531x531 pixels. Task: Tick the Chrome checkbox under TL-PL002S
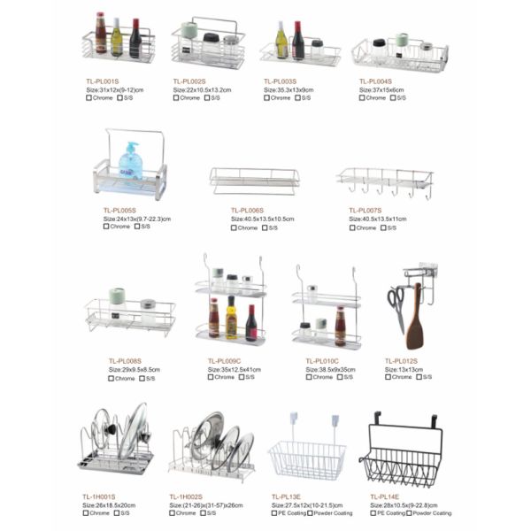pos(176,98)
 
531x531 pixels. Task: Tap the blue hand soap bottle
pos(131,162)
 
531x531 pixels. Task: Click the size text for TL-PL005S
pos(137,219)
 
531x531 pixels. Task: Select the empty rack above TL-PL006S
pos(254,181)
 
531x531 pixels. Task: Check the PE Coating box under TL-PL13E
pos(274,513)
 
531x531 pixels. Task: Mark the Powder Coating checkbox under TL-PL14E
pos(409,513)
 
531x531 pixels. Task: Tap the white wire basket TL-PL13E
pos(306,458)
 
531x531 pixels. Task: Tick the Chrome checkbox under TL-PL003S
pos(266,98)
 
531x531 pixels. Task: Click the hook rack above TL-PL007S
pos(384,182)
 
